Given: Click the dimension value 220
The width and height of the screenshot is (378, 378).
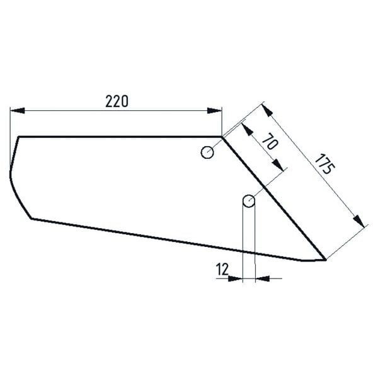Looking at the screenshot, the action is point(117,101).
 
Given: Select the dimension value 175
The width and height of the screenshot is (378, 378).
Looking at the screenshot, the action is point(324,164).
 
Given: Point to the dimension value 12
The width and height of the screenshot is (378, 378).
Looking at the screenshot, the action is point(222,269).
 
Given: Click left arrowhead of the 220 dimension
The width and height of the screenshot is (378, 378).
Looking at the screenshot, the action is point(17,111).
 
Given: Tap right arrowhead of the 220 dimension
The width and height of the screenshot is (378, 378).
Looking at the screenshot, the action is point(214,111).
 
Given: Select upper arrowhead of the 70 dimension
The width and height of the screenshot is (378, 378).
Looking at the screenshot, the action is point(247,129).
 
